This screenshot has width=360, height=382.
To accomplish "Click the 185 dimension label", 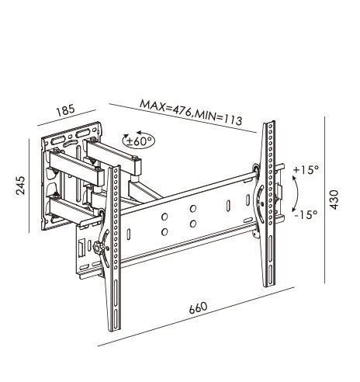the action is click(66, 110).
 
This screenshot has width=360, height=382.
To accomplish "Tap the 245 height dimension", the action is click(21, 186).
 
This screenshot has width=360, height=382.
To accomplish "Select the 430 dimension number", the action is click(334, 200).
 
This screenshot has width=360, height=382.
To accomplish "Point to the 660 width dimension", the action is click(198, 307).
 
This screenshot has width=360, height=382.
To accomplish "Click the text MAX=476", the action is click(165, 107).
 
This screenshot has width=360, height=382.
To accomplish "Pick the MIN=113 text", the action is click(219, 117).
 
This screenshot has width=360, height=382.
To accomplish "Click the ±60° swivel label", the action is click(139, 141).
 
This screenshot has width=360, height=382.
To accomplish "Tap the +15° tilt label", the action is click(306, 170).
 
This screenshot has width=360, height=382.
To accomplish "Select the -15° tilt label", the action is click(306, 214).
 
